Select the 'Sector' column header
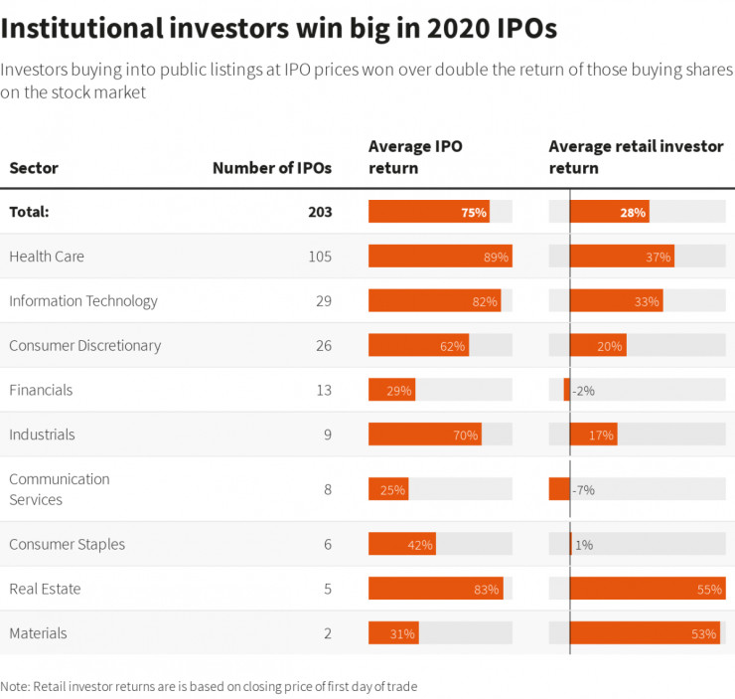point(34,168)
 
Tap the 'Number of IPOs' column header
point(271,168)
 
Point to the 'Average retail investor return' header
point(636,157)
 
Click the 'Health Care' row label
point(47,257)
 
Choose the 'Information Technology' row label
point(83,301)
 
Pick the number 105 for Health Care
point(319,257)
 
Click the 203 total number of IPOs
point(319,212)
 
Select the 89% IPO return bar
point(440,257)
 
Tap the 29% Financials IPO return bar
point(391,391)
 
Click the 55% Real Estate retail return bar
point(647,589)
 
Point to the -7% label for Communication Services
point(584,490)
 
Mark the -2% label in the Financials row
point(583,391)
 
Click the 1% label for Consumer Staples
point(584,545)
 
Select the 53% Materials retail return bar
point(644,633)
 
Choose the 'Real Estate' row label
point(45,589)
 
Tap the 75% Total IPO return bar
point(428,212)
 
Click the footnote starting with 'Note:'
point(209,686)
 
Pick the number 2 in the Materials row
point(327,633)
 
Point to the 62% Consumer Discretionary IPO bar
point(418,346)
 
